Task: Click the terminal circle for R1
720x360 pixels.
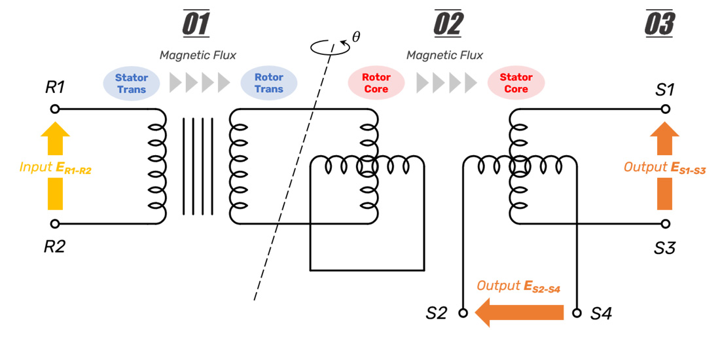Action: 55,109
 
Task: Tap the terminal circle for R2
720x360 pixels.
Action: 55,224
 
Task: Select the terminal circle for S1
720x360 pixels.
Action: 665,109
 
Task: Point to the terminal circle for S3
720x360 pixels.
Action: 665,224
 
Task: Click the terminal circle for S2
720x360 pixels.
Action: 463,313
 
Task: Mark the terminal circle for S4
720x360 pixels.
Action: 577,313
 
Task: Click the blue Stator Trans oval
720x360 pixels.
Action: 132,83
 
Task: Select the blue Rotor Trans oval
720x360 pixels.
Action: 269,83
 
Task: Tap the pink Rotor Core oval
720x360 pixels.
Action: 376,83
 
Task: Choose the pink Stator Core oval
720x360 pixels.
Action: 516,83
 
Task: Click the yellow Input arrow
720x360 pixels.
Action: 55,166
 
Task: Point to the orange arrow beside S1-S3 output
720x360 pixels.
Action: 665,166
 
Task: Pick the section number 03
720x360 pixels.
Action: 659,25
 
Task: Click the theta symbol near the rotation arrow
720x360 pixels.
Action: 356,37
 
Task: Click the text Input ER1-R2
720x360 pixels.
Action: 55,168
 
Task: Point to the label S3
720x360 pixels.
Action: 665,248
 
